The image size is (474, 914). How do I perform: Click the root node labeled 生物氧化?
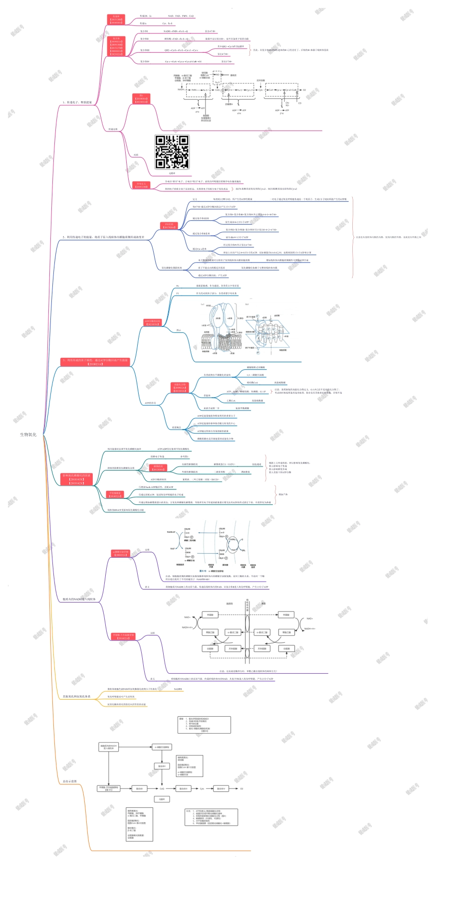pos(28,435)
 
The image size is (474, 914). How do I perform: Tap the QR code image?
pos(172,152)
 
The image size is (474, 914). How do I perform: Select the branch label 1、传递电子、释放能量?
pos(77,102)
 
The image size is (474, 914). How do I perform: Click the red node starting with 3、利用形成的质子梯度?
pos(95,362)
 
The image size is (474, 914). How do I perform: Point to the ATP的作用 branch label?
pos(150,403)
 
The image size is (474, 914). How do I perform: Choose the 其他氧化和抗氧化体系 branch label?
pos(76,696)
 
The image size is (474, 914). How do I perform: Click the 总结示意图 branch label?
pos(70,781)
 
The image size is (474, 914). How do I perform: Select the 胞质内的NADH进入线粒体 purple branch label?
pos(79,599)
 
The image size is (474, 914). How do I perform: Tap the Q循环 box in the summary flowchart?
pos(162,799)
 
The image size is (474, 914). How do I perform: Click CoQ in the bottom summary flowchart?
pos(162,788)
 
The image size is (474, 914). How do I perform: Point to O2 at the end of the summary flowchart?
pos(241,788)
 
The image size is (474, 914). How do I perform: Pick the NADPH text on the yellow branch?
pos(178,689)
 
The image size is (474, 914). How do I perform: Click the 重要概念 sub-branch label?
pos(177,427)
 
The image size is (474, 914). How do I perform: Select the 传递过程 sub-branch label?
pos(113,129)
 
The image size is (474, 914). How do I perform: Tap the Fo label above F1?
pos(178,286)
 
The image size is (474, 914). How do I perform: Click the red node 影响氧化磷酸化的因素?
pos(76,479)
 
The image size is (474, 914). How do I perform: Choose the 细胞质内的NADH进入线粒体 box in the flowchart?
pos(108,747)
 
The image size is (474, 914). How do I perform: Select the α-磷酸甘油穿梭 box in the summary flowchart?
pos(163,747)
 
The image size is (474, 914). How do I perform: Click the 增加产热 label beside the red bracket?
pos(283,494)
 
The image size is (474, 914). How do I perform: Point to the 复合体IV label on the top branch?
pos(145,61)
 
